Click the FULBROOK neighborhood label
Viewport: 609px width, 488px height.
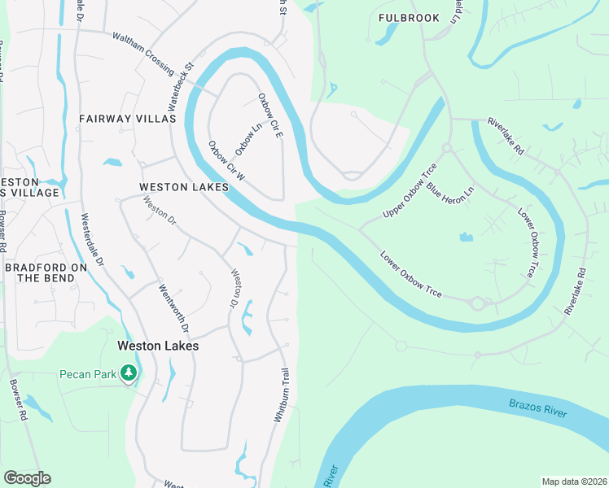click(x=409, y=18)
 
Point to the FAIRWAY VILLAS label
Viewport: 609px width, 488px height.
click(x=128, y=119)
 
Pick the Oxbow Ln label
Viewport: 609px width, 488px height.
click(x=248, y=139)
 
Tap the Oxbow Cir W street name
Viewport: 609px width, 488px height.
click(x=226, y=162)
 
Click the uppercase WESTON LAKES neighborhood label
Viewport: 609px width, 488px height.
click(x=183, y=187)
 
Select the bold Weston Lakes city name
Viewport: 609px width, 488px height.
click(x=158, y=345)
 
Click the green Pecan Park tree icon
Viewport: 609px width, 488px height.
click(x=128, y=373)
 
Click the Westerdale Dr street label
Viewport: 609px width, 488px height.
click(x=91, y=240)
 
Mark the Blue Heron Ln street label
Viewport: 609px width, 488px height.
click(x=450, y=194)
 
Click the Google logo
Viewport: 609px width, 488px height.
click(x=27, y=478)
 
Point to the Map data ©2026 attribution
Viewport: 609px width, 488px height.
click(x=573, y=481)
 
